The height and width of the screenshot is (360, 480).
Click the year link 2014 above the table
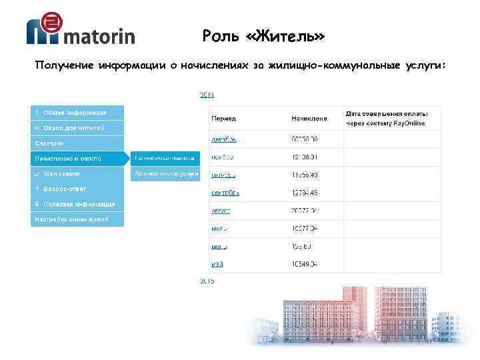207,95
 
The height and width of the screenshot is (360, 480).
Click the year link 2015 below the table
207,281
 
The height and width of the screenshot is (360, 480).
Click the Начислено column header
309,118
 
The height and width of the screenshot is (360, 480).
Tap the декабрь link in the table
223,139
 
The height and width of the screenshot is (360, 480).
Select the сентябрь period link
225,193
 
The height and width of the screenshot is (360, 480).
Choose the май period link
217,264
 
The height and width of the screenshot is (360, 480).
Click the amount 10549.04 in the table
304,264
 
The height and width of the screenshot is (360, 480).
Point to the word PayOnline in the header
420,124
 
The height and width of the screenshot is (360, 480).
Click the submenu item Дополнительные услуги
166,174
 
